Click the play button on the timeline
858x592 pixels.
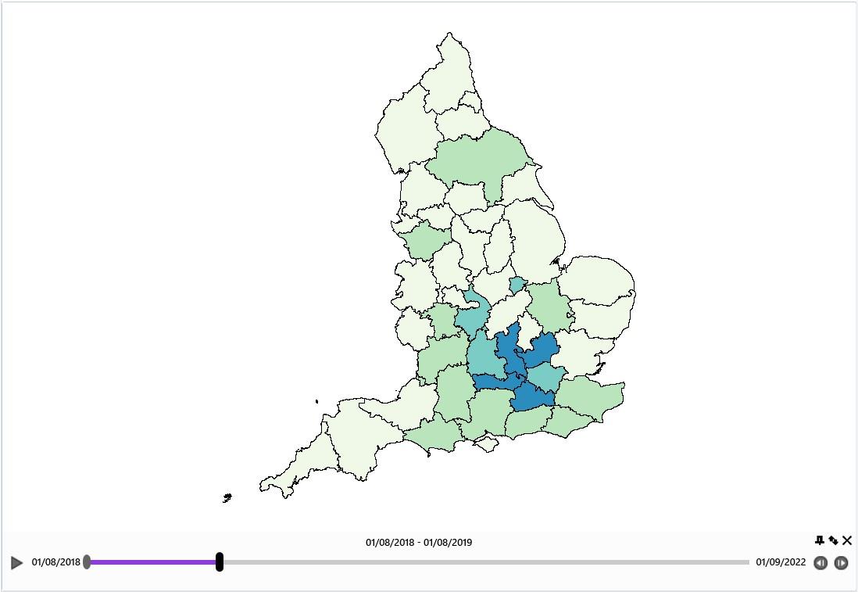(x=17, y=562)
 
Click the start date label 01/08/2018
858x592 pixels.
(x=56, y=562)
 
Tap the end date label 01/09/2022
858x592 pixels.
(x=781, y=562)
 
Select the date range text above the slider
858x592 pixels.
(x=419, y=542)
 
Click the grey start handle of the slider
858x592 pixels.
(x=87, y=562)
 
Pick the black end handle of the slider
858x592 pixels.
(x=220, y=562)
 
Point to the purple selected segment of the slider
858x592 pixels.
(x=153, y=562)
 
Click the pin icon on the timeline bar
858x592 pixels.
(x=819, y=540)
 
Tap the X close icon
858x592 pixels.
(x=847, y=540)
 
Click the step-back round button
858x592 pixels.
(x=820, y=563)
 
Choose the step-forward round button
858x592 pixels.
(x=841, y=563)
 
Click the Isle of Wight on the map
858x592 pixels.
(x=487, y=444)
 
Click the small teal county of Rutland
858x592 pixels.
(x=517, y=285)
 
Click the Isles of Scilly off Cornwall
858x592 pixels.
(x=227, y=497)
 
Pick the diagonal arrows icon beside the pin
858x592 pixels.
(x=833, y=540)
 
